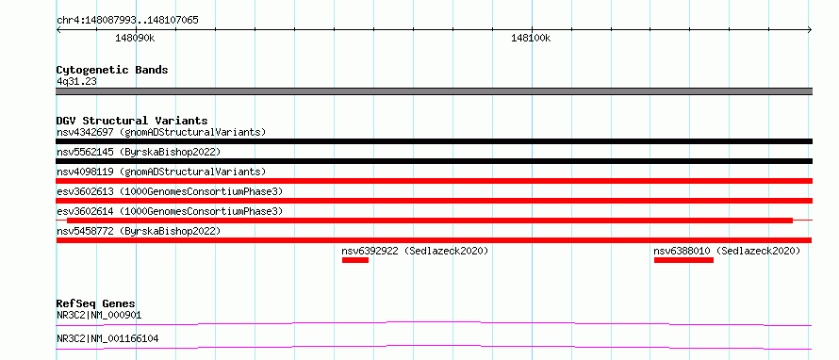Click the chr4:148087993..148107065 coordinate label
point(127,21)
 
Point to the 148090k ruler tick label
point(135,39)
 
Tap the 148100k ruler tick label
point(531,39)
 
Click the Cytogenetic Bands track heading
point(112,70)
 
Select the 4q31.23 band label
point(76,82)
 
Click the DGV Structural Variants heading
point(132,121)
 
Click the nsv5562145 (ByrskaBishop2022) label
point(139,152)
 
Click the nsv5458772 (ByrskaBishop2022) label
point(139,231)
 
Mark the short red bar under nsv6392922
point(355,260)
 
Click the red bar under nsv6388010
point(683,260)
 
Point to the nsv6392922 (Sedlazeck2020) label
point(415,251)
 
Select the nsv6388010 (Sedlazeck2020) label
point(727,251)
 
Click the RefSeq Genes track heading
point(96,303)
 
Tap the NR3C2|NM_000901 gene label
point(99,316)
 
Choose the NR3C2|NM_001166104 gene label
point(107,339)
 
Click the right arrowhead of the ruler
point(811,29)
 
